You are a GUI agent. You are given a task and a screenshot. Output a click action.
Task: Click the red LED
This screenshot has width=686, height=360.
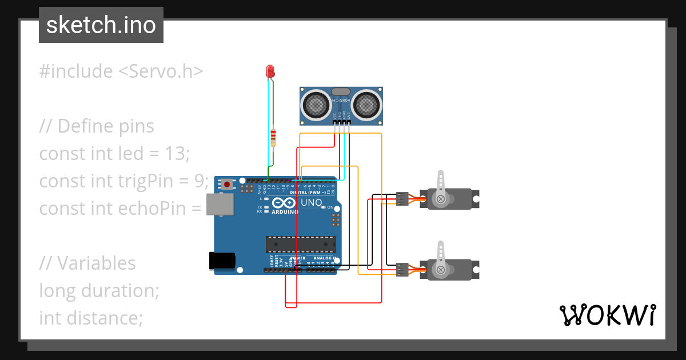click(x=270, y=71)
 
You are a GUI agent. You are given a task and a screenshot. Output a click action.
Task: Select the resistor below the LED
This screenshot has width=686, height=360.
click(x=273, y=137)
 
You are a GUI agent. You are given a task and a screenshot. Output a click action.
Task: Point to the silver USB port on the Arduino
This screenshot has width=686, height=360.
click(x=220, y=204)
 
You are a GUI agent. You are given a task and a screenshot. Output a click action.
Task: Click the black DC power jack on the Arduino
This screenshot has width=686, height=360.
click(x=221, y=260)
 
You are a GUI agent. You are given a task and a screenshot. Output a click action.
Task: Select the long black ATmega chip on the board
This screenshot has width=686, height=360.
click(x=300, y=244)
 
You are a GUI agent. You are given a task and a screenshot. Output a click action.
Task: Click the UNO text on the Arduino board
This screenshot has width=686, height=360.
click(x=312, y=202)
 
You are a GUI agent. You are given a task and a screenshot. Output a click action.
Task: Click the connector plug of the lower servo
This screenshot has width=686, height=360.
click(x=402, y=269)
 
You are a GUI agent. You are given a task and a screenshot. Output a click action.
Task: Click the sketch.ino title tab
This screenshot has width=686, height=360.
click(x=101, y=25)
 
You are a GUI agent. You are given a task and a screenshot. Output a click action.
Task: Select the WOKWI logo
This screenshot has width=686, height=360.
click(x=607, y=315)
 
